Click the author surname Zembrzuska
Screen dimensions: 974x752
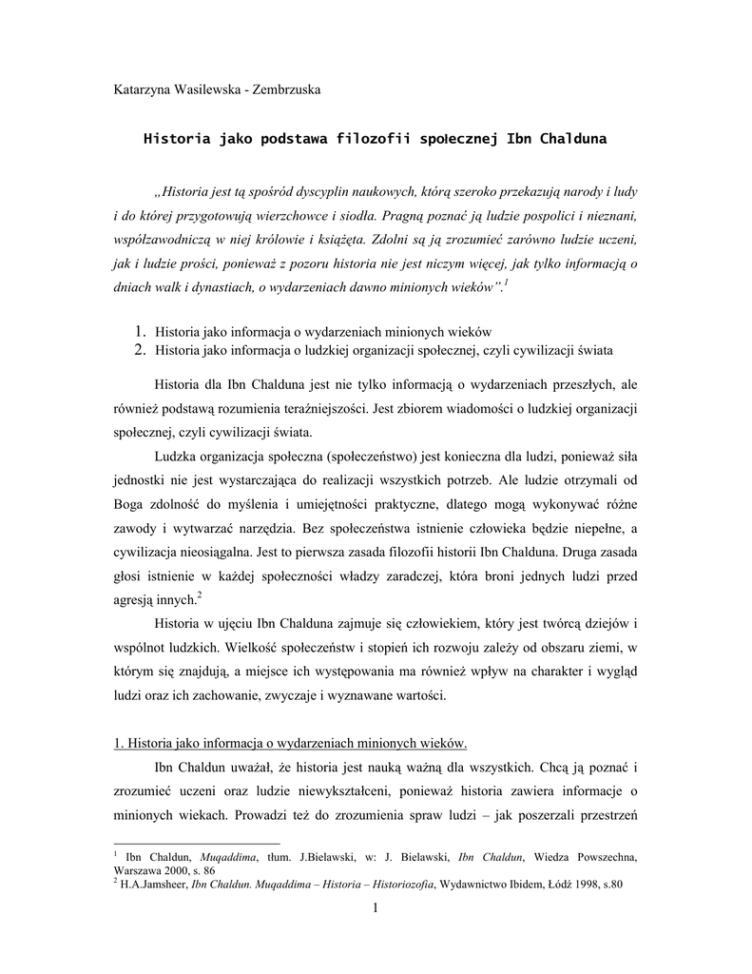pyautogui.click(x=280, y=90)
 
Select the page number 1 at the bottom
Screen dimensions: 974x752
pyautogui.click(x=376, y=911)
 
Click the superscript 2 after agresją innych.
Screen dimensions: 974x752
pyautogui.click(x=198, y=594)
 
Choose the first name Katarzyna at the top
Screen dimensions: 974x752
pyautogui.click(x=143, y=90)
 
